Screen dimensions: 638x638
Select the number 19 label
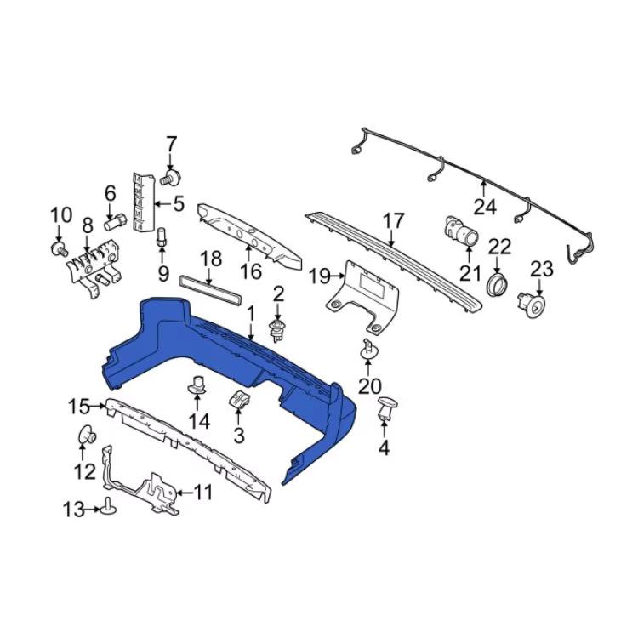tap(319, 276)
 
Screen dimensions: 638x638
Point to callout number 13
tap(73, 510)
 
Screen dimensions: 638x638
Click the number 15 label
tap(78, 407)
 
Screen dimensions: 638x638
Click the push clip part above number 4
tap(388, 408)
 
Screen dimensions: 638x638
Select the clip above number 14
tap(197, 385)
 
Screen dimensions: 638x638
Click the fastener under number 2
tap(277, 328)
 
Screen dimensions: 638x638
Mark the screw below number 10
tap(60, 248)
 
